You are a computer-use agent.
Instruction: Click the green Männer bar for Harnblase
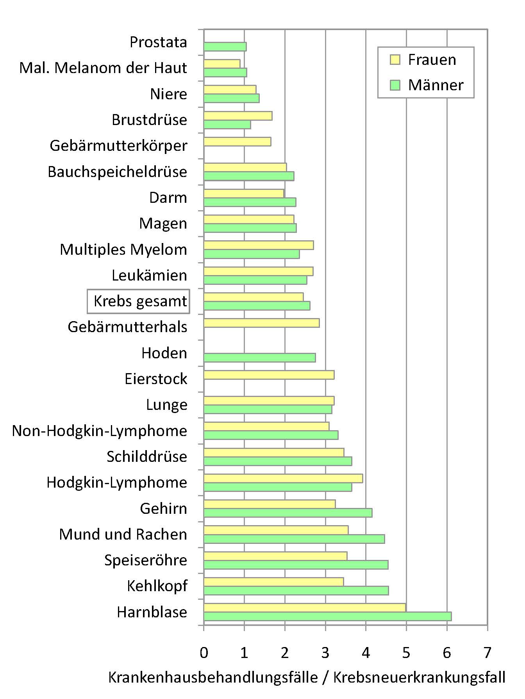[327, 616]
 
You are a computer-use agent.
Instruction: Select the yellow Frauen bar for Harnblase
[305, 608]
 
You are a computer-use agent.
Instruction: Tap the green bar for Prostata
[225, 46]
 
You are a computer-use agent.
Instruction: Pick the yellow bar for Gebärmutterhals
[261, 323]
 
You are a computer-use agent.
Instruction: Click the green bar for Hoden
[259, 358]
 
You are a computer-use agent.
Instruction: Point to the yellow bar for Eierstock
[269, 375]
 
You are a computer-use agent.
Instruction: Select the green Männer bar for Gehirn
[288, 513]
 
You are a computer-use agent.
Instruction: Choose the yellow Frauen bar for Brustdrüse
[238, 116]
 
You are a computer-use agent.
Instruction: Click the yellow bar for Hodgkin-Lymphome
[283, 478]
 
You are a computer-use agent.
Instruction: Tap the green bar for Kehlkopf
[296, 590]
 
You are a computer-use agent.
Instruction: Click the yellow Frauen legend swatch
[395, 60]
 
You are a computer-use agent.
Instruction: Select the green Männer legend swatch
[395, 85]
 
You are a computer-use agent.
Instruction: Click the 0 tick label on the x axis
[204, 653]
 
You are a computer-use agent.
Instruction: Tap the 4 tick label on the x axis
[366, 653]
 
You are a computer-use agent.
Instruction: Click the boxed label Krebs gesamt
[139, 301]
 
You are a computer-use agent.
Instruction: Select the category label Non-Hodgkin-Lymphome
[100, 431]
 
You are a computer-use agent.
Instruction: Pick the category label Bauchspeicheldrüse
[117, 172]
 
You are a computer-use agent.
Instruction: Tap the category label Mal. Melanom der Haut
[103, 68]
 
